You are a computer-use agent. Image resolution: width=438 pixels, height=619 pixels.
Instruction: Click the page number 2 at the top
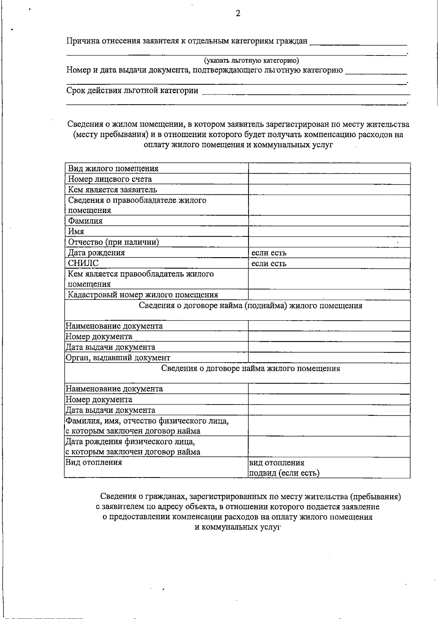[238, 14]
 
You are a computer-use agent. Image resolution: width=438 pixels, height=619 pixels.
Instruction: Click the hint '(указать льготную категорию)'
[251, 61]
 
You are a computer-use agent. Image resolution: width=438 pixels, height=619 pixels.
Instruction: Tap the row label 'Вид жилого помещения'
[114, 169]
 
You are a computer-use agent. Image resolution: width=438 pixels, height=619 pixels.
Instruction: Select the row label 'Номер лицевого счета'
[110, 179]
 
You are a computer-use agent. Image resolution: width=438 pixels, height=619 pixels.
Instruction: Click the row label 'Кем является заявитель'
[112, 190]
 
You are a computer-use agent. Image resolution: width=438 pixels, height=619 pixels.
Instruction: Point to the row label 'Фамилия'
[85, 221]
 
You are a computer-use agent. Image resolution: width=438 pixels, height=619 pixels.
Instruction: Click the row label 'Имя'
[76, 232]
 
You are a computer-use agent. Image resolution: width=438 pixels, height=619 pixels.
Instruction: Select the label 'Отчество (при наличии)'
[114, 242]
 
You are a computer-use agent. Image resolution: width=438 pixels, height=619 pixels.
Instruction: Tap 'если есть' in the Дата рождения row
[269, 253]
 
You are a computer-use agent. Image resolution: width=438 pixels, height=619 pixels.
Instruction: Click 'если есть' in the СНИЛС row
[269, 263]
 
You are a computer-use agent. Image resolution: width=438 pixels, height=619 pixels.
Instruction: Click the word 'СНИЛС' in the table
[83, 263]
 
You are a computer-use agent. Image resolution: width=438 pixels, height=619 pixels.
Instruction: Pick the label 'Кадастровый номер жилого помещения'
[143, 295]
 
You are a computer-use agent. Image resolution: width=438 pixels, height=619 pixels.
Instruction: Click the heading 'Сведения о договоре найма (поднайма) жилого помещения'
[250, 306]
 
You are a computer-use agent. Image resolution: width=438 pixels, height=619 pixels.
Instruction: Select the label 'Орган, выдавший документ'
[118, 358]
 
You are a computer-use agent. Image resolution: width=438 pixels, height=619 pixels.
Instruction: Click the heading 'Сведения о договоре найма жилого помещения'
[250, 368]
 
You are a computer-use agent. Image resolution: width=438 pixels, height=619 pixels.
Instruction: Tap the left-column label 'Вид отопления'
[93, 463]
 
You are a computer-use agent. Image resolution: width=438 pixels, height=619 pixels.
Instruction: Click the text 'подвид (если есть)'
[284, 473]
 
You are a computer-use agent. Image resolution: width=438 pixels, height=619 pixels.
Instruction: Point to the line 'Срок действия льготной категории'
[132, 90]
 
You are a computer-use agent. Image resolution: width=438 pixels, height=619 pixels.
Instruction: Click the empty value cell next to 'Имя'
[329, 232]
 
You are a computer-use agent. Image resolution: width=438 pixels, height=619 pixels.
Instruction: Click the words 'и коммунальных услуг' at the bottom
[238, 527]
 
